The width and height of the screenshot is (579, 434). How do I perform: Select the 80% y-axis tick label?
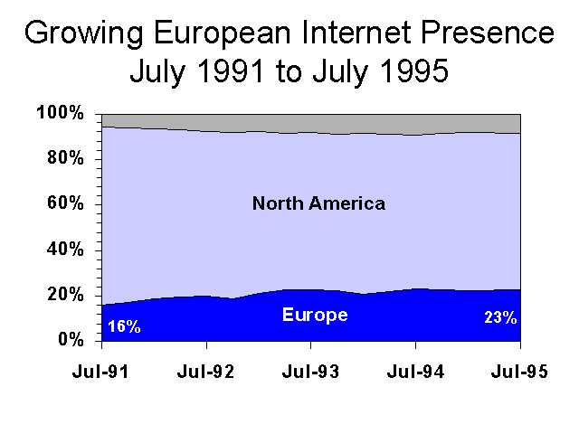click(x=63, y=159)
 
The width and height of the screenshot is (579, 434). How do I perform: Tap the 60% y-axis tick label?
click(x=63, y=204)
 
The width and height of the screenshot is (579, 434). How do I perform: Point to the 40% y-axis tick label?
click(x=63, y=250)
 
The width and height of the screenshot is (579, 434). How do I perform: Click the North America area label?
click(x=318, y=203)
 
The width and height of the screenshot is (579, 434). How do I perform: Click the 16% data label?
click(x=124, y=326)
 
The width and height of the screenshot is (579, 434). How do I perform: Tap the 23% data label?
click(x=499, y=317)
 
